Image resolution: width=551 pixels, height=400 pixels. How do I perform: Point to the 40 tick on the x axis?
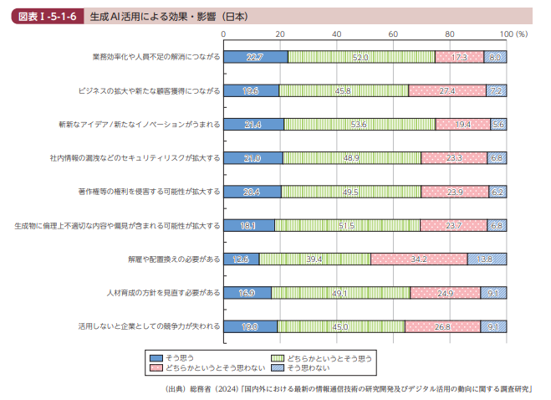pyautogui.click(x=336, y=33)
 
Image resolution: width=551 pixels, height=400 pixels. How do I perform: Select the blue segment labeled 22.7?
pyautogui.click(x=256, y=57)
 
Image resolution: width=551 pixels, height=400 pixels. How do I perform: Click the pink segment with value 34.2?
pyautogui.click(x=419, y=259)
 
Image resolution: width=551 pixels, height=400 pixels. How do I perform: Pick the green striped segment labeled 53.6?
pyautogui.click(x=360, y=124)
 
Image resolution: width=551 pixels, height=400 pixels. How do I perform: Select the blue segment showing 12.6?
pyautogui.click(x=242, y=259)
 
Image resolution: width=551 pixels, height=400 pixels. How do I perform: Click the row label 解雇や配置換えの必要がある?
pyautogui.click(x=174, y=259)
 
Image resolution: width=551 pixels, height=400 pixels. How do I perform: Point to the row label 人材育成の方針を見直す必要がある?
pyautogui.click(x=164, y=293)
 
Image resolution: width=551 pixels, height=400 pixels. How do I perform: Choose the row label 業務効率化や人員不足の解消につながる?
pyautogui.click(x=156, y=57)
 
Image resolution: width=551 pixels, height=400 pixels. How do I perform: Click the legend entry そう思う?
pyautogui.click(x=179, y=356)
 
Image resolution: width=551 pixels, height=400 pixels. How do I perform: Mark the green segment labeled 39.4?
pyautogui.click(x=314, y=259)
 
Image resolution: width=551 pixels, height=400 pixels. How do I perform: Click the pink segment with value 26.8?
pyautogui.click(x=442, y=326)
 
